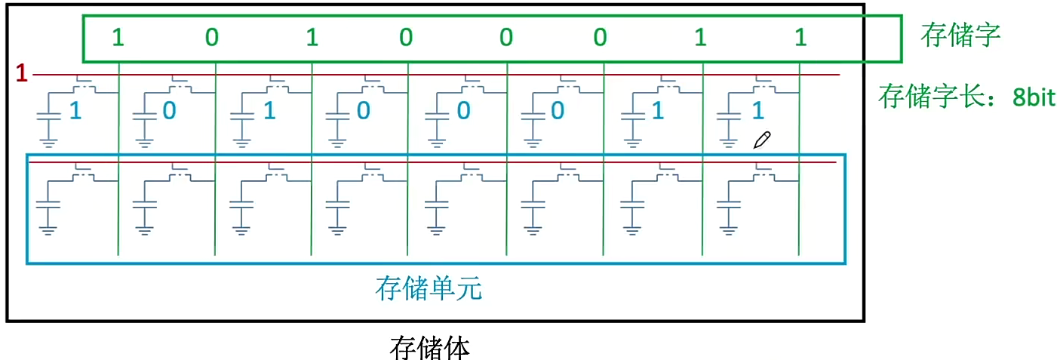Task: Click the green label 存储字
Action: click(x=960, y=35)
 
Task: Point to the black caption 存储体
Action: click(x=429, y=347)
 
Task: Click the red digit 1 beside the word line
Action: click(x=21, y=73)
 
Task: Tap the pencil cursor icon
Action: click(x=762, y=140)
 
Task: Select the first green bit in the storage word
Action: click(x=118, y=37)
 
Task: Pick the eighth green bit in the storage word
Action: click(x=800, y=37)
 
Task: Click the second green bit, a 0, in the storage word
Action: click(x=212, y=37)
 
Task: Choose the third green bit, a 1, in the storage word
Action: click(x=312, y=37)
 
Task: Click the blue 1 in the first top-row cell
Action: click(x=75, y=111)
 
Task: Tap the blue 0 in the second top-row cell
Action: click(x=170, y=111)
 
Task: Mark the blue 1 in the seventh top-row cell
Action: click(x=657, y=111)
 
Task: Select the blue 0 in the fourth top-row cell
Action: click(x=363, y=111)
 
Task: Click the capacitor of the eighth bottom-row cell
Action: click(x=727, y=203)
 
